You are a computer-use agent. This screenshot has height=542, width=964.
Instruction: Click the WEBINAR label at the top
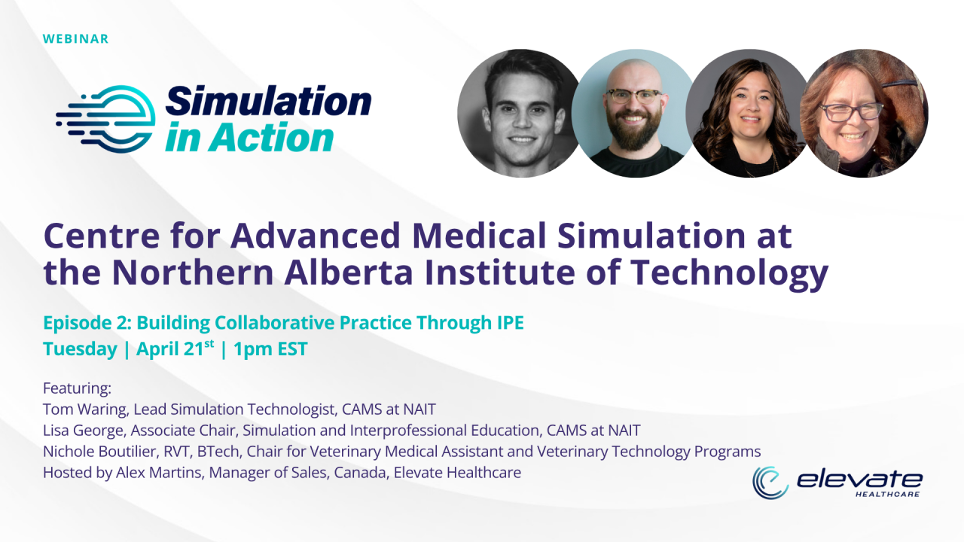coord(76,38)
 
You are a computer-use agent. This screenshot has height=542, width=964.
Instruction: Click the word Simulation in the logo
coord(268,102)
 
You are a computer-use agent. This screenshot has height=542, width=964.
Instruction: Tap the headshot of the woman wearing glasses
coord(863,114)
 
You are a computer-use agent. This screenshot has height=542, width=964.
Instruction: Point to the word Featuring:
coord(77,388)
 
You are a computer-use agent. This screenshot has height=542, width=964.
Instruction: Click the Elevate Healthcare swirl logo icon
coord(770,483)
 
